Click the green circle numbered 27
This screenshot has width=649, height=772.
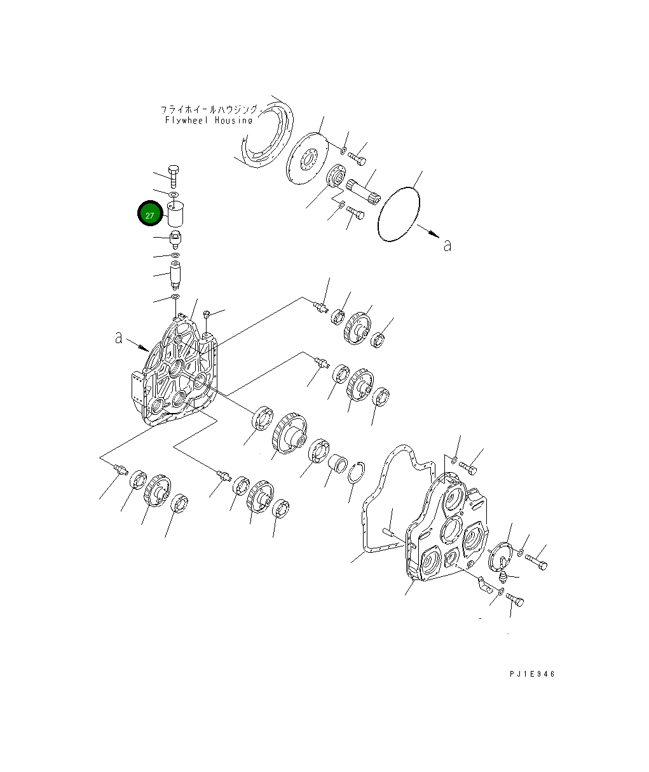(x=150, y=213)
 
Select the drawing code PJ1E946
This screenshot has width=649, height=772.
(x=532, y=674)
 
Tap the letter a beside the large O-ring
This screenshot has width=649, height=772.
(x=447, y=245)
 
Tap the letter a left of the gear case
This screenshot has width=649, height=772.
(x=118, y=337)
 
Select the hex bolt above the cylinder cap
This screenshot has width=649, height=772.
(x=174, y=177)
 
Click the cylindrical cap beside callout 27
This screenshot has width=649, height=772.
(x=175, y=213)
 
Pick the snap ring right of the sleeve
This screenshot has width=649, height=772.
(x=357, y=473)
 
